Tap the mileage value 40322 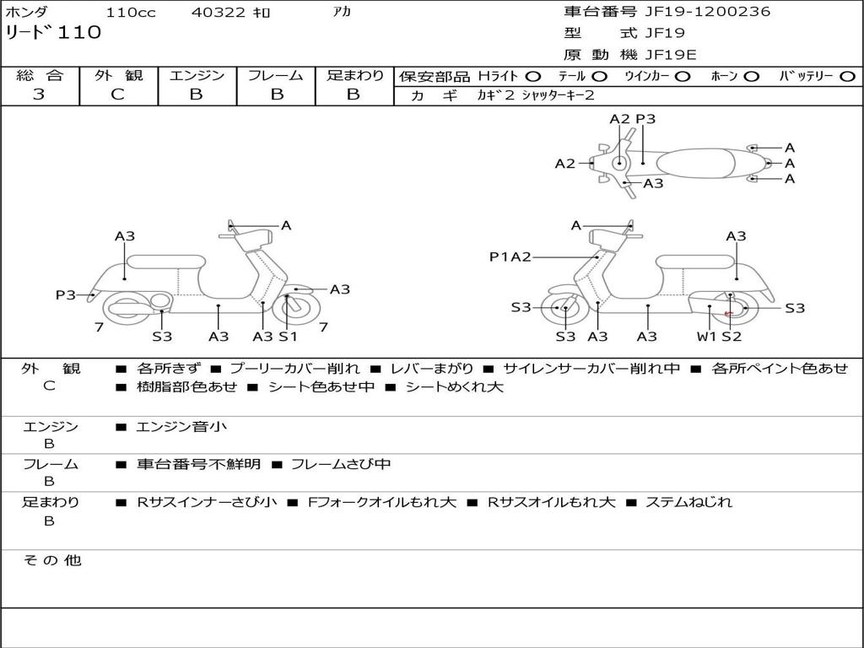[x=219, y=13]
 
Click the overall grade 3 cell [x=39, y=94]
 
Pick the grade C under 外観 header [x=117, y=94]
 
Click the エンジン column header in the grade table [x=197, y=76]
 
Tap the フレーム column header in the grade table [x=275, y=76]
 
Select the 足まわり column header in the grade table [x=354, y=76]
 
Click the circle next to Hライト [x=532, y=77]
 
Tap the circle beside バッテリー [x=847, y=77]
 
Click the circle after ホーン [x=751, y=77]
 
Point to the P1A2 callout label [x=510, y=257]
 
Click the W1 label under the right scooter [x=706, y=337]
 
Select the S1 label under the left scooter [x=288, y=337]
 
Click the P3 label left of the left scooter [x=66, y=294]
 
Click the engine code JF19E [x=671, y=55]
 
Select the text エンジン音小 [x=181, y=427]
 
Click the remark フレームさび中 [x=341, y=464]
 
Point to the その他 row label [x=52, y=560]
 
